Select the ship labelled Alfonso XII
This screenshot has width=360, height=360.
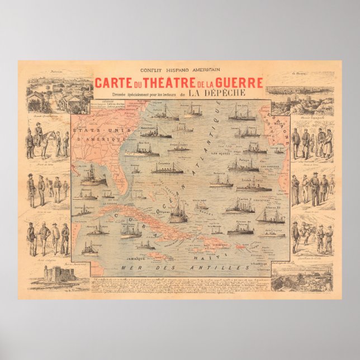tap(271, 215)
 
